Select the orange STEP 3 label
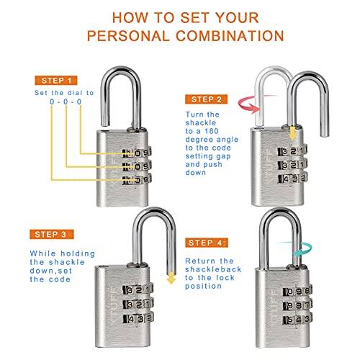pos(51,233)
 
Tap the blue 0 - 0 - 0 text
pos(66,103)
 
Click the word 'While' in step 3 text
pos(42,254)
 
